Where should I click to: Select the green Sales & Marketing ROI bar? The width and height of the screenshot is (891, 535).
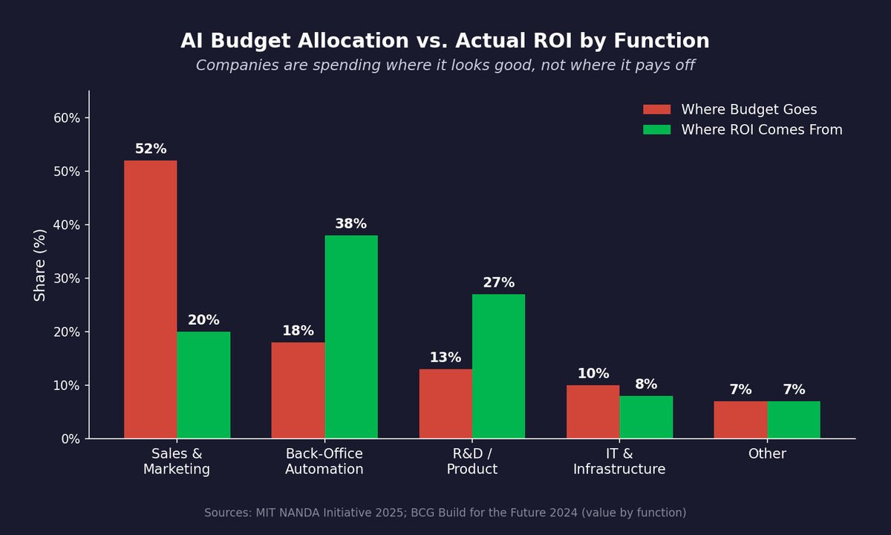[x=203, y=385]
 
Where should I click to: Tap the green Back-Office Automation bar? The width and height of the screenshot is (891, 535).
[x=351, y=337]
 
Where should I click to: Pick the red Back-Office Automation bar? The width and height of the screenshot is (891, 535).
[x=298, y=390]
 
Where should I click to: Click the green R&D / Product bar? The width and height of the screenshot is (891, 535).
[x=498, y=366]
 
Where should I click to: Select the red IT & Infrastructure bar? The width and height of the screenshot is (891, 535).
[x=593, y=412]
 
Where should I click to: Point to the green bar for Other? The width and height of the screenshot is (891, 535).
[x=794, y=420]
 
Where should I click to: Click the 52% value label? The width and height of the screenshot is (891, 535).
[x=151, y=149]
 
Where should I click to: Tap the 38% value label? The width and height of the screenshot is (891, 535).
[x=350, y=224]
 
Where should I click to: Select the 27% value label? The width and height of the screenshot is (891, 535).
[x=498, y=283]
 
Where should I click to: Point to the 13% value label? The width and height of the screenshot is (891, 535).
[x=446, y=358]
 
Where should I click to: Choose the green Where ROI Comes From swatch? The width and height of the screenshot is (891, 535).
[x=656, y=130]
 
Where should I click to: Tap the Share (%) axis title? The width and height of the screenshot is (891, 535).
[x=40, y=265]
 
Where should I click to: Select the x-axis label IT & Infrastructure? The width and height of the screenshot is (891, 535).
[x=619, y=461]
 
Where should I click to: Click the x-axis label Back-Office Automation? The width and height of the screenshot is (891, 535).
[x=324, y=461]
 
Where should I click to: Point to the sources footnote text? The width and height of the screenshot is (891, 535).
[x=446, y=513]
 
